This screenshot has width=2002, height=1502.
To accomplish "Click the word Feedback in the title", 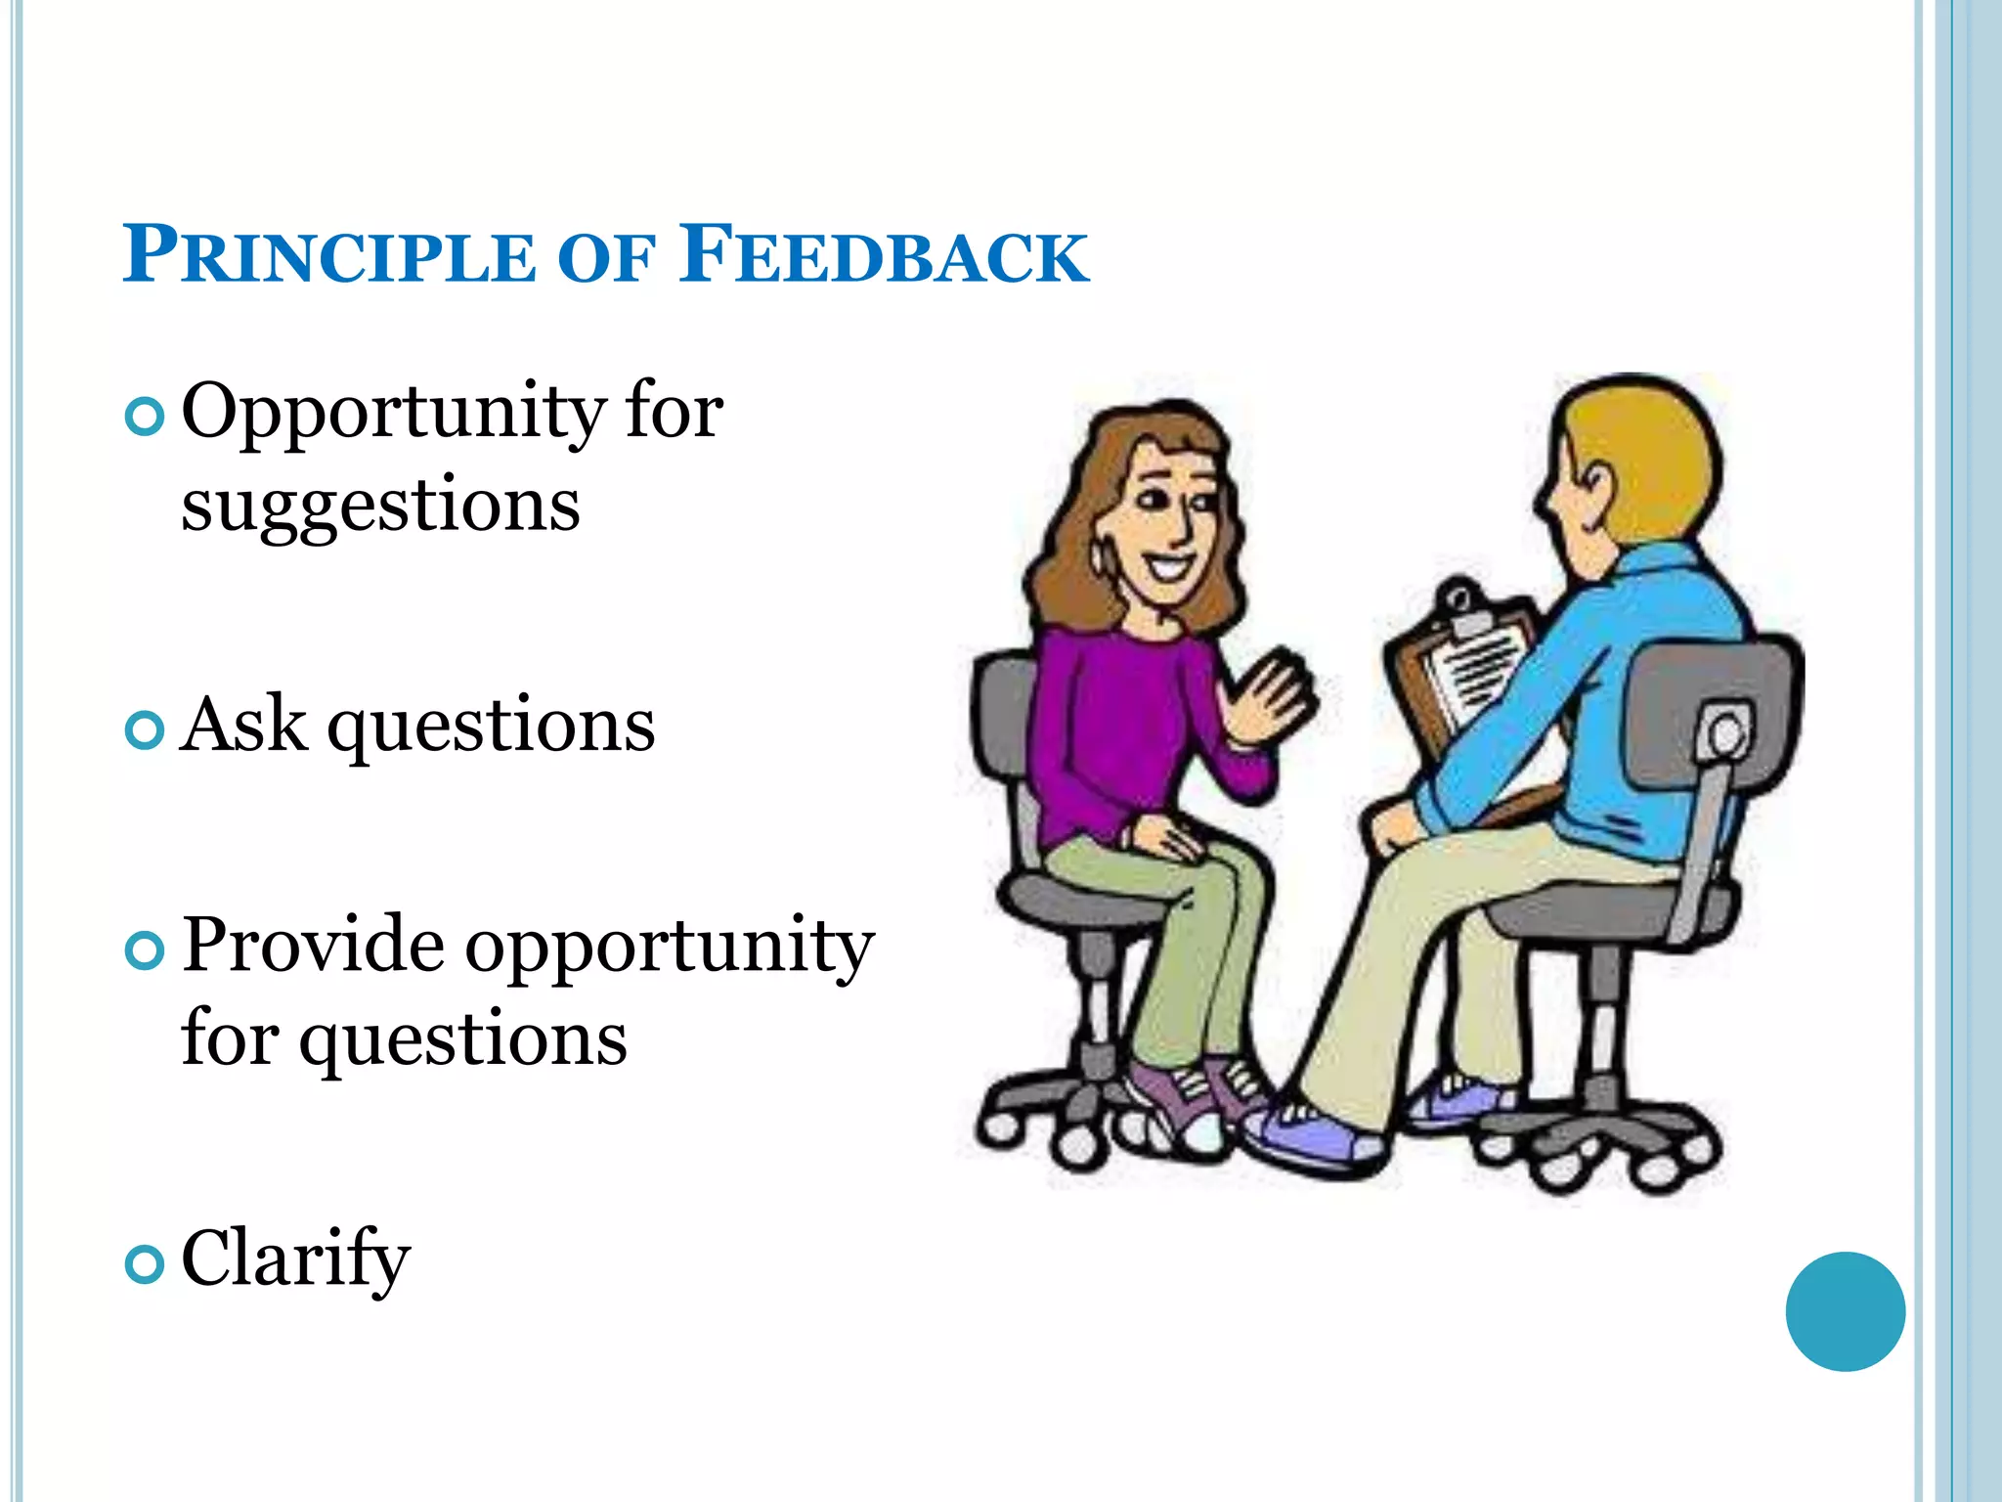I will click(x=885, y=256).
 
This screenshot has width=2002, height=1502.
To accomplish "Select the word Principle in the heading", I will click(x=329, y=256).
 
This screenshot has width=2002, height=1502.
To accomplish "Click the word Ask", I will click(x=243, y=726).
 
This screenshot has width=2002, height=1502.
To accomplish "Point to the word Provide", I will click(x=313, y=945).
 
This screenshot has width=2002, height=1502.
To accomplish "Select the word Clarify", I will click(x=295, y=1259).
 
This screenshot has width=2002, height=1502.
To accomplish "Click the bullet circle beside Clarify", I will click(x=145, y=1264).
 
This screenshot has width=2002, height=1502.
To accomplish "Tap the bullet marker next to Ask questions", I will click(x=145, y=730).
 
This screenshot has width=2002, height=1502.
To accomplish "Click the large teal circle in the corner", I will click(x=1845, y=1311).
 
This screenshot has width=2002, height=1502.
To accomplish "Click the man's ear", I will click(x=1595, y=485).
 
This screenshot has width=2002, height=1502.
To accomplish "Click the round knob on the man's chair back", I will click(x=1726, y=733).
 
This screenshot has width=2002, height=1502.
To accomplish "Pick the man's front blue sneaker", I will click(x=1315, y=1139).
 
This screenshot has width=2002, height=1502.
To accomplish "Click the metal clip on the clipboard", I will click(x=1462, y=611).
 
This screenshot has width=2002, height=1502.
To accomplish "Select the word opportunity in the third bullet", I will click(x=669, y=947).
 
